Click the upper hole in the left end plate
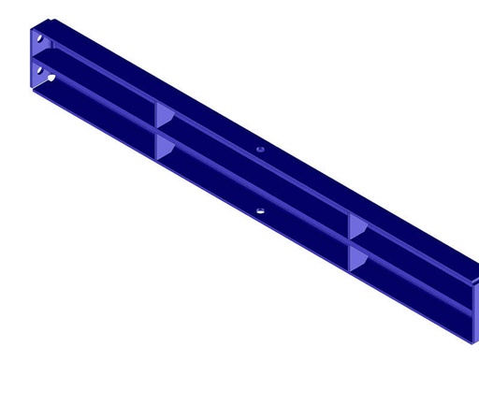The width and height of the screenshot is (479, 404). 39,38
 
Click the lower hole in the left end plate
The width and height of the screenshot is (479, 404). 39,68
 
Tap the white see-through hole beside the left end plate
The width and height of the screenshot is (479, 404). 51,79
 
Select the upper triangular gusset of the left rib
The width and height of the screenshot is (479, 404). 164,116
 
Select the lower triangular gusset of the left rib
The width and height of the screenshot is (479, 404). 164,145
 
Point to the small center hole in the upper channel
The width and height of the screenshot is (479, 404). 261,149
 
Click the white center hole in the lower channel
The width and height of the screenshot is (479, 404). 261,211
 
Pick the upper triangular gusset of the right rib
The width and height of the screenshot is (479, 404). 357,226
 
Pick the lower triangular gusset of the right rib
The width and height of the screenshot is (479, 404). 357,257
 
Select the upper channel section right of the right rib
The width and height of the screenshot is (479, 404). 412,251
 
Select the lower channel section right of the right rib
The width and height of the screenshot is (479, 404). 412,283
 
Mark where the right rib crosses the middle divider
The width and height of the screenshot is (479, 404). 350,241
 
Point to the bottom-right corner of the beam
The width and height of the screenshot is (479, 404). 472,343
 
